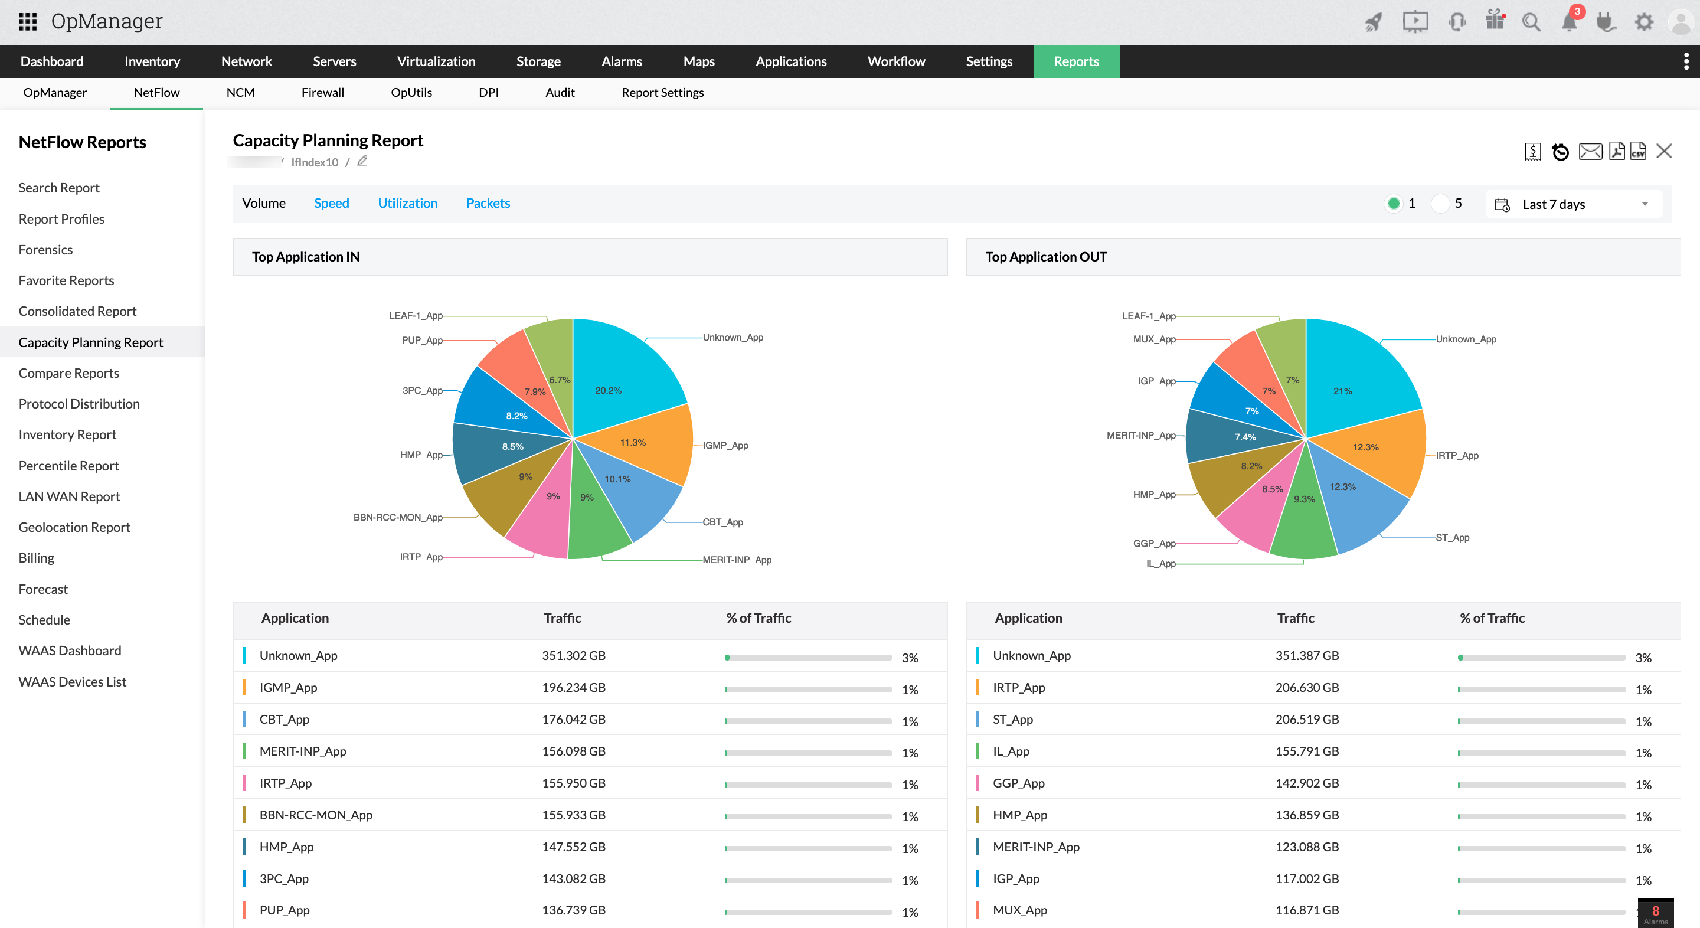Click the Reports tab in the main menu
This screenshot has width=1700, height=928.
[x=1075, y=61]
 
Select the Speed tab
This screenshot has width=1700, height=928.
[x=331, y=203]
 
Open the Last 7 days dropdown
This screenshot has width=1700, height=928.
[x=1574, y=205]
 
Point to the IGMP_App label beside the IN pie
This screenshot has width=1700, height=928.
[x=725, y=446]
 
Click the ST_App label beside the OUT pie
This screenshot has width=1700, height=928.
[x=1452, y=537]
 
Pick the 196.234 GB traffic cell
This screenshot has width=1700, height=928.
[x=574, y=687]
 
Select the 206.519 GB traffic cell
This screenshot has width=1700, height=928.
[x=1307, y=719]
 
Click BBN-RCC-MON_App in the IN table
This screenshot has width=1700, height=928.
[x=315, y=815]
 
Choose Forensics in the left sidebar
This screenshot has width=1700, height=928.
[x=45, y=250]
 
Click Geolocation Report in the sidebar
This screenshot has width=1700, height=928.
[x=74, y=527]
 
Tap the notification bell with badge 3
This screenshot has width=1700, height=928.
[x=1569, y=22]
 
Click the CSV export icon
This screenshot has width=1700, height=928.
[x=1638, y=151]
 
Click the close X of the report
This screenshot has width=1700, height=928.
[x=1665, y=151]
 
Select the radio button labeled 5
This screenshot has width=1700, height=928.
[x=1440, y=203]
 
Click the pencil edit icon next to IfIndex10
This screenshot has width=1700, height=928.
[x=362, y=161]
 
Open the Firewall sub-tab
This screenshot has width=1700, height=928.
[x=322, y=93]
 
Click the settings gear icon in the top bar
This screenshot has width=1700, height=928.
[x=1644, y=22]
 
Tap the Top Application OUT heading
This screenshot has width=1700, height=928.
[x=1045, y=257]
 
